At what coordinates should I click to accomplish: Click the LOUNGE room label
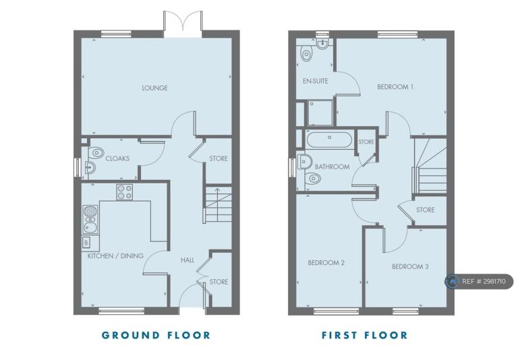[x=154, y=88]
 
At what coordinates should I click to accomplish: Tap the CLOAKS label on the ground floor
[x=117, y=158]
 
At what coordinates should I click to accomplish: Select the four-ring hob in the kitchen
[x=125, y=192]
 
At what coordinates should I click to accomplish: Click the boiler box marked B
[x=86, y=243]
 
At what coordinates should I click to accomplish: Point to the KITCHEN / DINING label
[x=115, y=256]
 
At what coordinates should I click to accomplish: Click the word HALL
[x=188, y=260]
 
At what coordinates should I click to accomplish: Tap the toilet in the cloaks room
[x=96, y=152]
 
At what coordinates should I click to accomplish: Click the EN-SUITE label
[x=316, y=81]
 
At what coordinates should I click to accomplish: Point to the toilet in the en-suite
[x=307, y=54]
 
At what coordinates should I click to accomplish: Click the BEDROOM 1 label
[x=395, y=87]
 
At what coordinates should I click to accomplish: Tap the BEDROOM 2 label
[x=326, y=263]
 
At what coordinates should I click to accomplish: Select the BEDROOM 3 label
[x=410, y=266]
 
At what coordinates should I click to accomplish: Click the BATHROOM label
[x=332, y=167]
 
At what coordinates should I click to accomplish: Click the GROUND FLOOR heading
[x=156, y=335]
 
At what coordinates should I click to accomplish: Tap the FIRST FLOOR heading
[x=365, y=335]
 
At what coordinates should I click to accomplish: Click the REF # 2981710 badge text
[x=484, y=281]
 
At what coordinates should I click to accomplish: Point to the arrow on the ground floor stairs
[x=217, y=198]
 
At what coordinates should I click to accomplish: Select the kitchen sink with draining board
[x=90, y=219]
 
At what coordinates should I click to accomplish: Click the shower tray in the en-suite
[x=320, y=113]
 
